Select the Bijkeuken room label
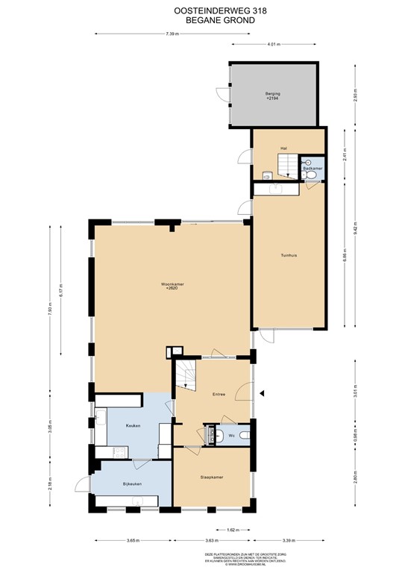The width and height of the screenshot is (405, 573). tap(132, 484)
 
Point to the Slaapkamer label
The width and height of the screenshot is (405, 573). tap(212, 476)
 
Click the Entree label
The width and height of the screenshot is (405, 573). tap(219, 393)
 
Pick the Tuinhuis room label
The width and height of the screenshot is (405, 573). tap(289, 255)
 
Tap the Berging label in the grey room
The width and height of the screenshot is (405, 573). tap(274, 95)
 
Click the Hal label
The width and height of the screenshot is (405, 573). tap(283, 148)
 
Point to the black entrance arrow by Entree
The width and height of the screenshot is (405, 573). tap(261, 393)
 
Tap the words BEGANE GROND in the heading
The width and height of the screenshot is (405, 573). tap(202, 21)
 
